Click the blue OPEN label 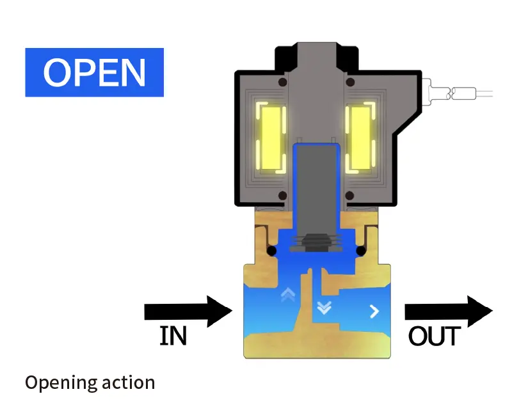click(x=94, y=72)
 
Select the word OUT click(x=435, y=336)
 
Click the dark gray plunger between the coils click(x=315, y=185)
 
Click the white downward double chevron click(x=324, y=308)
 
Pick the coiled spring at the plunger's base click(x=315, y=242)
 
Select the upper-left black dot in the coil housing click(x=282, y=82)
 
